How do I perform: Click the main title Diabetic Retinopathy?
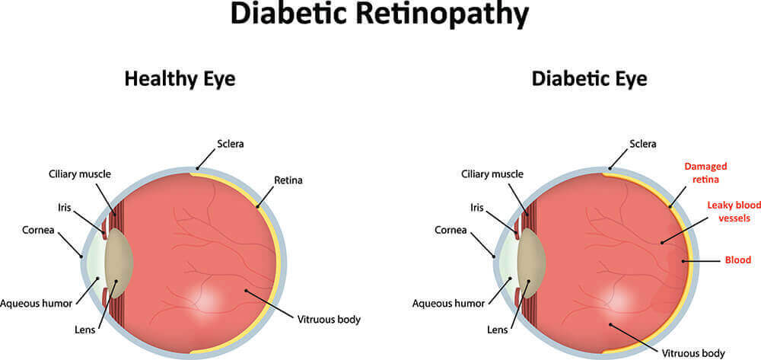(x=379, y=14)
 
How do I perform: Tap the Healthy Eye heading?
(x=180, y=78)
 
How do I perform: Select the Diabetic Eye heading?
(x=589, y=78)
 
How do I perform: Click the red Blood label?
(x=737, y=260)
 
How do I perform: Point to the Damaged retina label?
(x=705, y=173)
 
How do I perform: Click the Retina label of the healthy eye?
(x=288, y=180)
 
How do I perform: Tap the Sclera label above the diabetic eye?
(x=642, y=144)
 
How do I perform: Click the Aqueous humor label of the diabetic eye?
(x=448, y=304)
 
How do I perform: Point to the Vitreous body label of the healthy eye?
(x=329, y=320)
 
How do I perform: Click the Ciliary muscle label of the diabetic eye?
(x=492, y=174)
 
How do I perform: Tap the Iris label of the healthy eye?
(x=64, y=208)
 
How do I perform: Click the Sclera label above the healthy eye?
(x=230, y=144)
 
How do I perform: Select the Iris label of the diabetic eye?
(x=476, y=208)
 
